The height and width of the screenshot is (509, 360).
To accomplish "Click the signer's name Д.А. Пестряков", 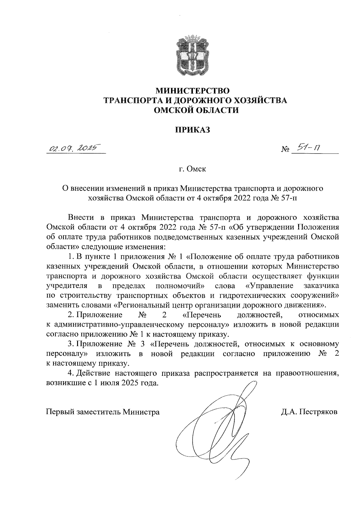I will (309, 412).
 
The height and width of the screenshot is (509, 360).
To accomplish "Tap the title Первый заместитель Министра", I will (103, 412).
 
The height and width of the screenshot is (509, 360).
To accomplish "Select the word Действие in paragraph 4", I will (94, 373).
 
